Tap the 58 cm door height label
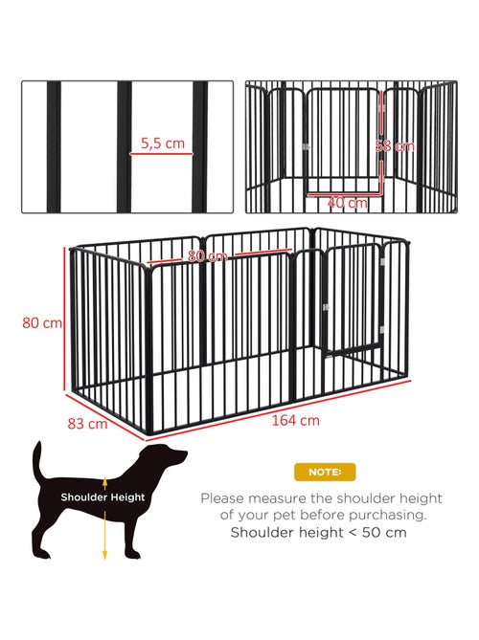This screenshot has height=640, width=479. [395, 146]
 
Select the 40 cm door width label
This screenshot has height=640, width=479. [347, 203]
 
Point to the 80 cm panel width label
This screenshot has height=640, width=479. [208, 256]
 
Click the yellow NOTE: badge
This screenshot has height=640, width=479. [324, 472]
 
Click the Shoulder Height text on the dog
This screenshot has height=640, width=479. [103, 497]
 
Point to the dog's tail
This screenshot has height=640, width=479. [39, 465]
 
